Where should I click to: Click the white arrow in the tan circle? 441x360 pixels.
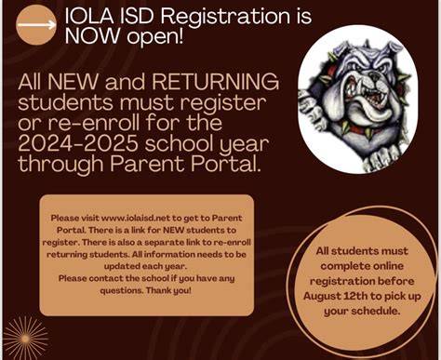(36, 25)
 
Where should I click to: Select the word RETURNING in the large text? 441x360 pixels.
(216, 82)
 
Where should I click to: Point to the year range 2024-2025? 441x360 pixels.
(78, 143)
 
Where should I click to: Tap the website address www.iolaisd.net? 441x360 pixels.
(136, 218)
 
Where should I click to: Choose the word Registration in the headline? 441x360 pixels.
(225, 17)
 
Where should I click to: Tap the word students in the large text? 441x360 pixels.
(65, 102)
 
